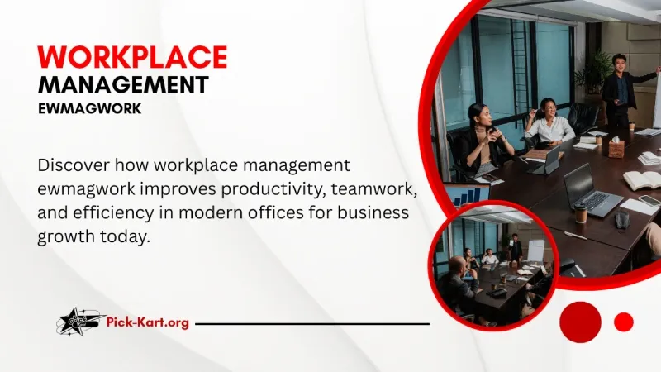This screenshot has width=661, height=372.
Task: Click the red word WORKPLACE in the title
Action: click(x=132, y=56)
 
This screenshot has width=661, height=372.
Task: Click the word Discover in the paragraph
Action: click(x=74, y=165)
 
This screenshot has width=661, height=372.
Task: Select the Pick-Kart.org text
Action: click(x=149, y=322)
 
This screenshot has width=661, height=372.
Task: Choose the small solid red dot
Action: click(x=624, y=322)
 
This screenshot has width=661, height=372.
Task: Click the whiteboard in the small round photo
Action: click(x=535, y=249)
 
